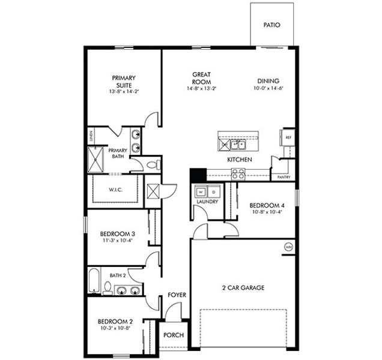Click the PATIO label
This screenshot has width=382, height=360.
pyautogui.click(x=272, y=25)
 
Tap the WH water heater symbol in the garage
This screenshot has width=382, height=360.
pyautogui.click(x=288, y=247)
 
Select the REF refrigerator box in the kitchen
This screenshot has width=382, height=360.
pyautogui.click(x=288, y=137)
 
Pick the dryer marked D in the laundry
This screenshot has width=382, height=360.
pyautogui.click(x=214, y=191)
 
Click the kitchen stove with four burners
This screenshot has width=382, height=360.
pyautogui.click(x=238, y=173)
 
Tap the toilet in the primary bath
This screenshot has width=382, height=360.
pyautogui.click(x=153, y=164)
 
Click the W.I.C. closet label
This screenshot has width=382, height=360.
pyautogui.click(x=116, y=190)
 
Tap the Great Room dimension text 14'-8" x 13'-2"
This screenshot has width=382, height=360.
pyautogui.click(x=201, y=89)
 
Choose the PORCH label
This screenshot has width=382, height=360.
pyautogui.click(x=174, y=335)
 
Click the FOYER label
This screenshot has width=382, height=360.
pyautogui.click(x=177, y=295)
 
